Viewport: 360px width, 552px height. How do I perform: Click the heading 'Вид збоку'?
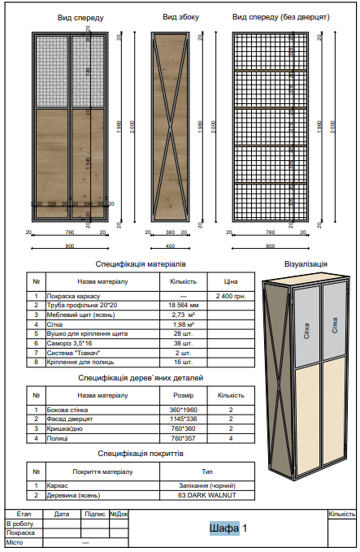click(180, 16)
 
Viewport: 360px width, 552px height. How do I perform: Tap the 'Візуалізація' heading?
click(306, 263)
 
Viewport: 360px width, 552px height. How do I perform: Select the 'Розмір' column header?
click(183, 395)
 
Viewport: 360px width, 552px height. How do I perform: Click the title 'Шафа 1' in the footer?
click(228, 529)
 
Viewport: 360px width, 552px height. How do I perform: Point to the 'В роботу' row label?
click(20, 523)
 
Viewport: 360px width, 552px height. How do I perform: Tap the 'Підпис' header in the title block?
click(95, 514)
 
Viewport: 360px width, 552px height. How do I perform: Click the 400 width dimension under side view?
click(170, 246)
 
